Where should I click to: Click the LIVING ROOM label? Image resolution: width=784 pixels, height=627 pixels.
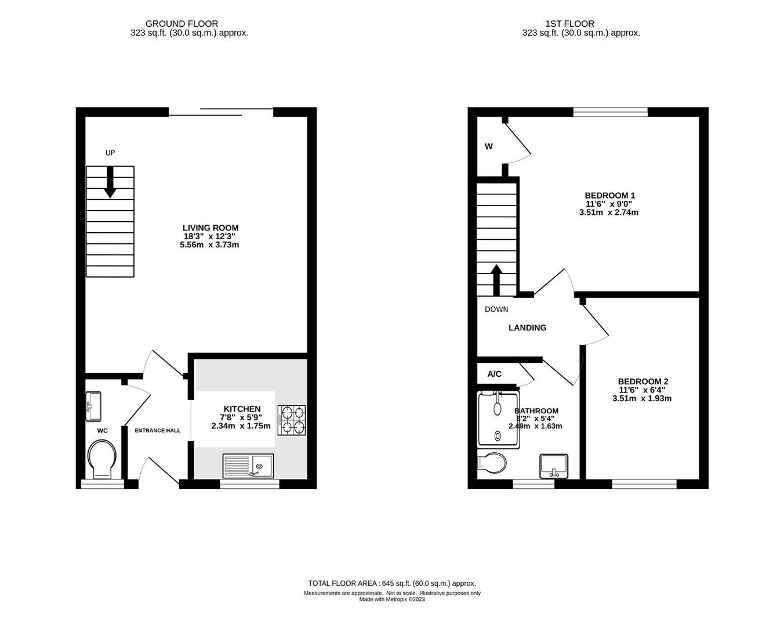pyautogui.click(x=210, y=228)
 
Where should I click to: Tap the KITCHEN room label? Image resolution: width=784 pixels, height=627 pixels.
pyautogui.click(x=242, y=409)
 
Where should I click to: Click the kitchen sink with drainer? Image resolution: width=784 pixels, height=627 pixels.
pyautogui.click(x=248, y=466)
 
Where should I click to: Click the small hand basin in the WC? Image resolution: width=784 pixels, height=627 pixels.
pyautogui.click(x=93, y=406)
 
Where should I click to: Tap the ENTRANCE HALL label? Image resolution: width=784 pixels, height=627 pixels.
pyautogui.click(x=157, y=431)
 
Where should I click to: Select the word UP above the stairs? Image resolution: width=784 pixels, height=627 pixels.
pyautogui.click(x=110, y=153)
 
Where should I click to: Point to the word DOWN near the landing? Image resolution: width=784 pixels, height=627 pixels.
pyautogui.click(x=496, y=309)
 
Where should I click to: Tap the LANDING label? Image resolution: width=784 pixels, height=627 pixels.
pyautogui.click(x=527, y=328)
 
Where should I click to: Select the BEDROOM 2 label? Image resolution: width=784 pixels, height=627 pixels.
pyautogui.click(x=643, y=382)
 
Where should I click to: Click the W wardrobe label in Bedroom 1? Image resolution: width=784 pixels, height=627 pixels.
pyautogui.click(x=489, y=146)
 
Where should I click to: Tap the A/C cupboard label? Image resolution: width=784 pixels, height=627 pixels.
pyautogui.click(x=494, y=374)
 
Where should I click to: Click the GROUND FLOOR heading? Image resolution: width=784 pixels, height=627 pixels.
pyautogui.click(x=182, y=24)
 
